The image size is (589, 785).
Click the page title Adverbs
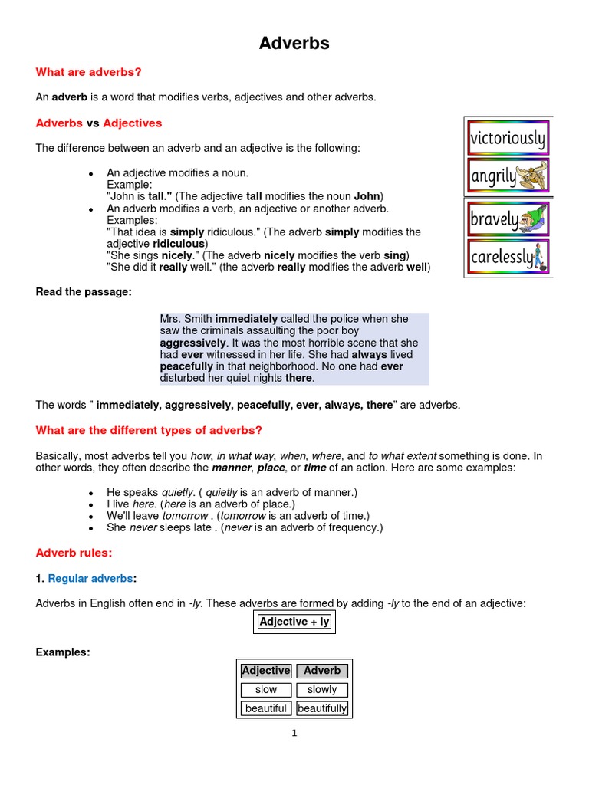(294, 44)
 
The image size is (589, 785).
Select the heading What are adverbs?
(89, 72)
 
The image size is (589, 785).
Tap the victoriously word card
(508, 139)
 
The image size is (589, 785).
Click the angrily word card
(508, 176)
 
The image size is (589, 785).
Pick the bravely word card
(508, 220)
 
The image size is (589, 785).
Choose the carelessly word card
(508, 257)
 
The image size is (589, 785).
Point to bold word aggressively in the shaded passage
(193, 343)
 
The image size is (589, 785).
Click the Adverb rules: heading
(74, 552)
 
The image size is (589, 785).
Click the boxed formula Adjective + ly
(294, 622)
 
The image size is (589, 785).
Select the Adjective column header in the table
(266, 671)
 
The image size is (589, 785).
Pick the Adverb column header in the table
(322, 671)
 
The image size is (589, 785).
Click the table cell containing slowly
(322, 690)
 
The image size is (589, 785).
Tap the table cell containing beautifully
(322, 708)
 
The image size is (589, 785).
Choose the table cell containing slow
(266, 690)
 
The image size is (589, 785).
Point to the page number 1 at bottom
(294, 733)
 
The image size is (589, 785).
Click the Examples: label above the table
(63, 652)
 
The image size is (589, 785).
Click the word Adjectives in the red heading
(133, 123)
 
